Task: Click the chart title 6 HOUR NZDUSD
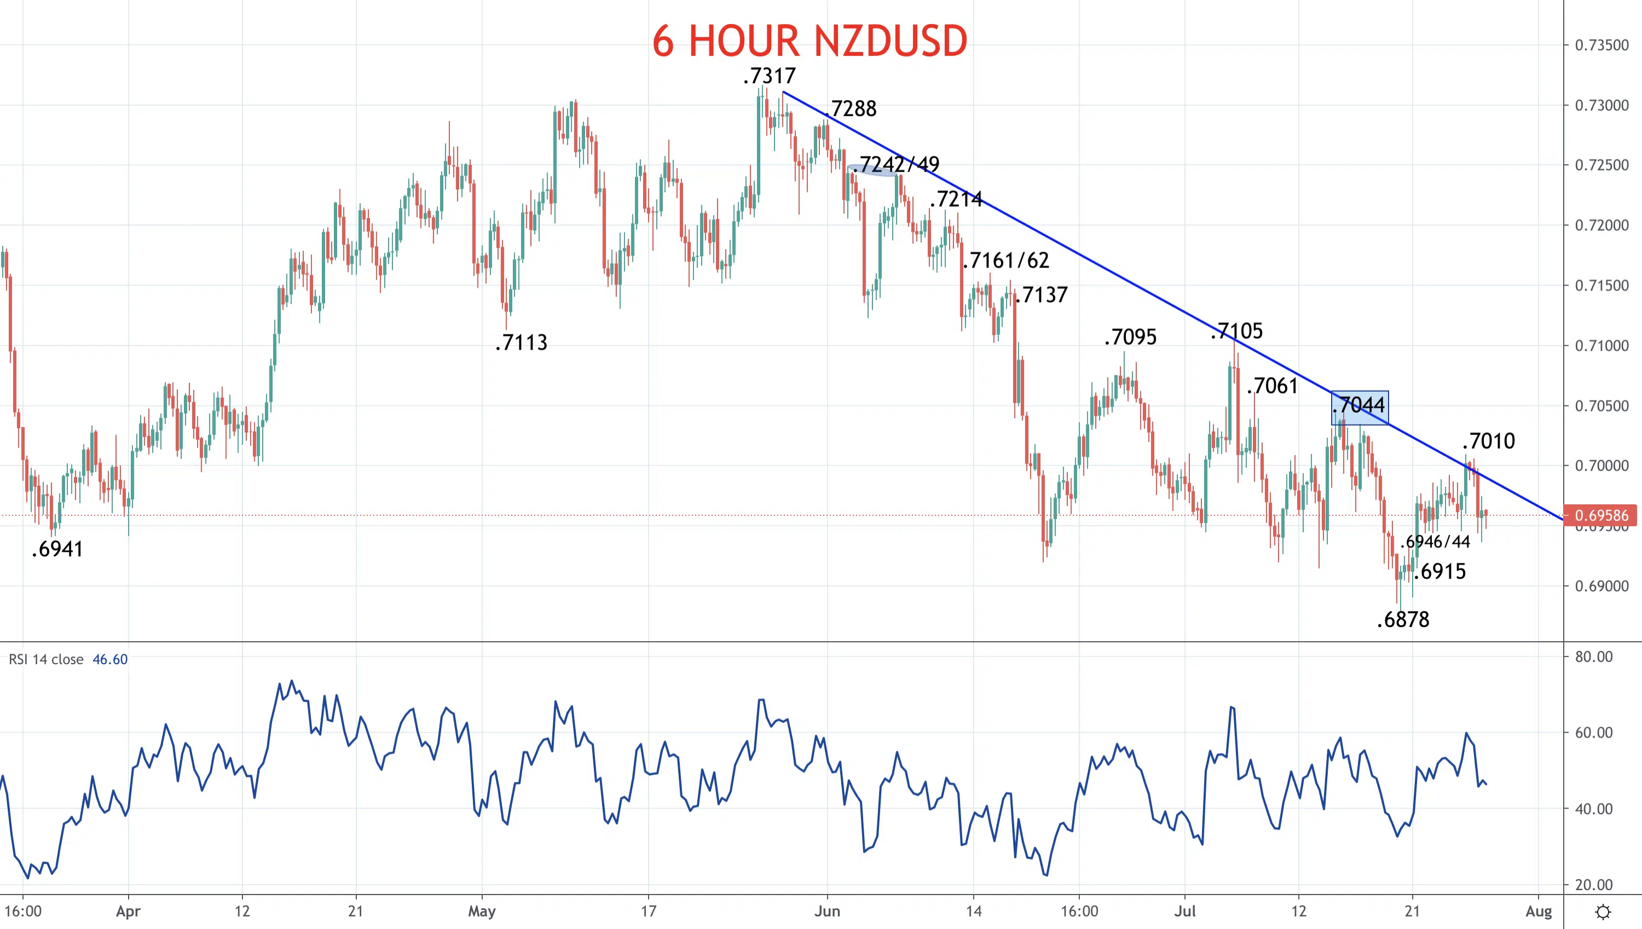click(x=809, y=41)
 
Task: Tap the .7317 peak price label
click(x=770, y=76)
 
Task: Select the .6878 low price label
click(x=1403, y=619)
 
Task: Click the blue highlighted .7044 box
click(x=1359, y=408)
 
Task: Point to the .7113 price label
click(x=522, y=342)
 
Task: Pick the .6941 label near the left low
click(x=57, y=549)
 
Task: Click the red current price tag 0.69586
click(x=1600, y=515)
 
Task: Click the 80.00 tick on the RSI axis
click(x=1593, y=657)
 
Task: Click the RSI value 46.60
click(x=110, y=659)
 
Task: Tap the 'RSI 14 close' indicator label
click(x=46, y=659)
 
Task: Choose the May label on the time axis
click(x=482, y=911)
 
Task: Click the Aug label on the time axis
click(x=1538, y=911)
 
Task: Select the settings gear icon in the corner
click(x=1603, y=911)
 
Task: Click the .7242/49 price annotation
click(x=896, y=165)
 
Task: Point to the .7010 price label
click(x=1488, y=441)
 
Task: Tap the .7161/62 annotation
click(x=1006, y=260)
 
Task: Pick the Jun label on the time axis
click(x=827, y=911)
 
